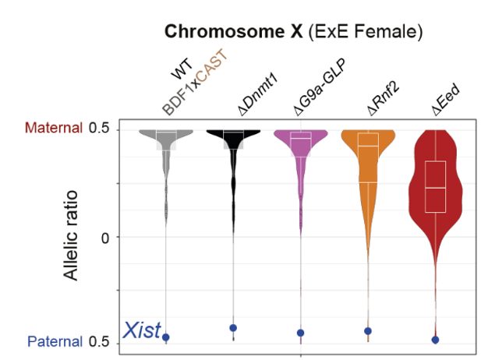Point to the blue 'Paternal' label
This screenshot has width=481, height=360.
pyautogui.click(x=55, y=341)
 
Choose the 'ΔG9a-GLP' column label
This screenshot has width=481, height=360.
pyautogui.click(x=318, y=87)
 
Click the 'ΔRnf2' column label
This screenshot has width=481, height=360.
pyautogui.click(x=382, y=96)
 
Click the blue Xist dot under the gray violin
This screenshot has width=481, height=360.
pyautogui.click(x=165, y=337)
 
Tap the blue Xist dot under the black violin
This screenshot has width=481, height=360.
pyautogui.click(x=233, y=328)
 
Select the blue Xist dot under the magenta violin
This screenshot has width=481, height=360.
pyautogui.click(x=300, y=333)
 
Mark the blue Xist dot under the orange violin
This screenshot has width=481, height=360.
pyautogui.click(x=368, y=331)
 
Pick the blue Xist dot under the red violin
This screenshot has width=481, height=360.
pyautogui.click(x=435, y=340)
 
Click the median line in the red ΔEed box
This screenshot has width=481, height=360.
pyautogui.click(x=435, y=188)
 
